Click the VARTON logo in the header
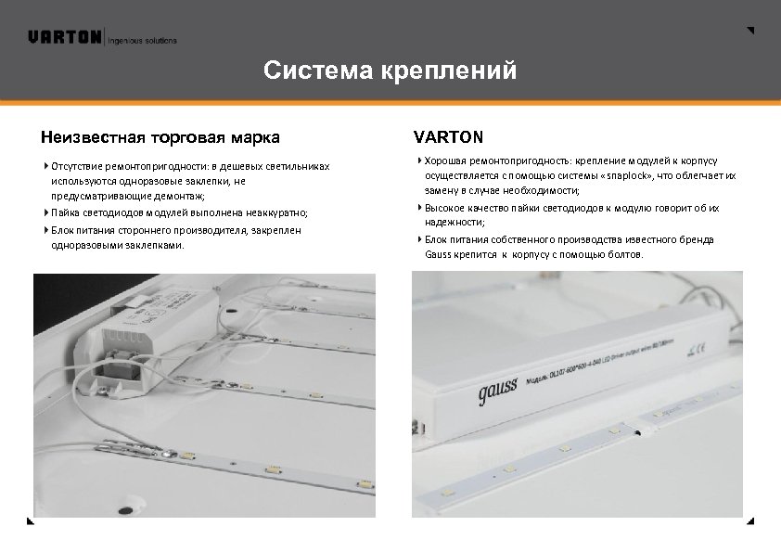coord(65,38)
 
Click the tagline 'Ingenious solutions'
coord(144,41)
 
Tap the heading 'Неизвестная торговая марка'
coord(160,138)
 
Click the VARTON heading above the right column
coord(448,138)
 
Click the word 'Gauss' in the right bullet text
coord(436,253)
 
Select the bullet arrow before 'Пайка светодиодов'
coord(46,212)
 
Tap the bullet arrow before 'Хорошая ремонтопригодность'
coord(419,160)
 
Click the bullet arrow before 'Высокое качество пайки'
coord(419,208)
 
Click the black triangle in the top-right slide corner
coord(750,31)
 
